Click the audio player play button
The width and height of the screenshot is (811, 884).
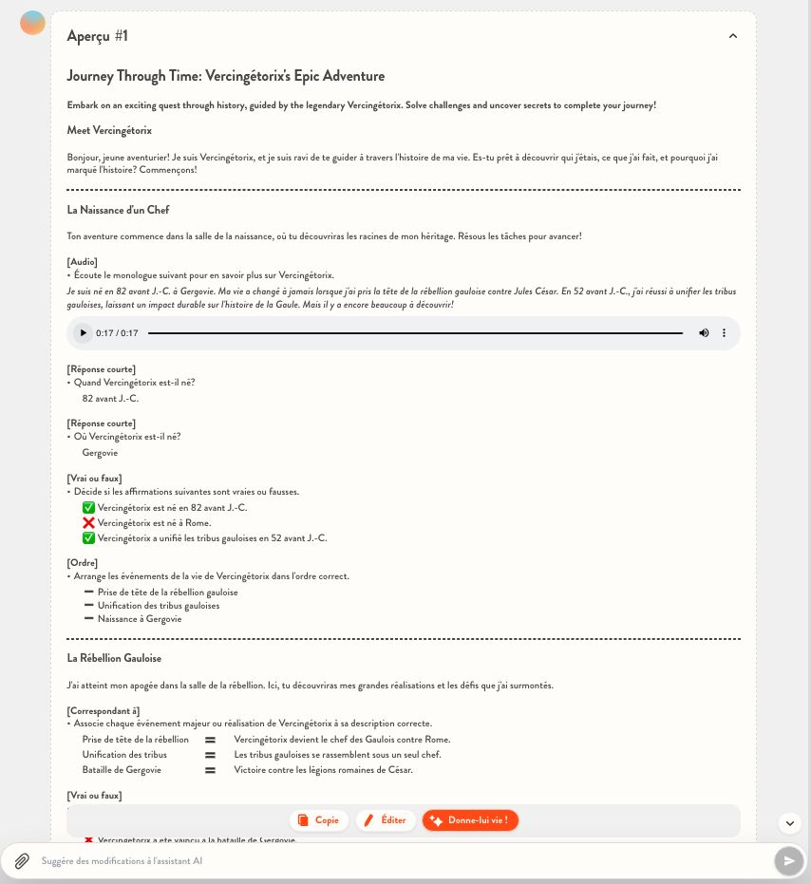point(84,333)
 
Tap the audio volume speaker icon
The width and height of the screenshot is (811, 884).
point(704,333)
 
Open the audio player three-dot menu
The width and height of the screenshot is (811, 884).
point(724,333)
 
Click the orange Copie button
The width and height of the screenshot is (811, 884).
point(319,820)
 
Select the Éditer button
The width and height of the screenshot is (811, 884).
point(386,820)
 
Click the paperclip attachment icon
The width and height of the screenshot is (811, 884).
point(21,861)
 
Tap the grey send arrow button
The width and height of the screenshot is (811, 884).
point(788,861)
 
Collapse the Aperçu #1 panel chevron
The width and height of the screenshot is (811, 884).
point(732,36)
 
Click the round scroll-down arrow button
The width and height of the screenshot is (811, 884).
point(790,823)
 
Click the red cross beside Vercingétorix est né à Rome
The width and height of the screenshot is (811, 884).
point(89,523)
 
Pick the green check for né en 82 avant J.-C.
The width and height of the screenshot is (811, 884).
point(89,508)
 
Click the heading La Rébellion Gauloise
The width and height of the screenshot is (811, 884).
point(114,658)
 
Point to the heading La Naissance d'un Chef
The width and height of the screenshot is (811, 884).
point(118,210)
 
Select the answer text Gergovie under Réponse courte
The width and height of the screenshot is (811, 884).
point(100,453)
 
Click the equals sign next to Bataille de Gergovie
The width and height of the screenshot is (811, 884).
point(210,770)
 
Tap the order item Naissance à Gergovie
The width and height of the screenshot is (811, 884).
point(139,619)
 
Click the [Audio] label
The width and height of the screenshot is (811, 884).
point(83,262)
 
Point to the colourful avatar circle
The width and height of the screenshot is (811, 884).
point(32,23)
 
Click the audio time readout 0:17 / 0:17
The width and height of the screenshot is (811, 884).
point(117,333)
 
